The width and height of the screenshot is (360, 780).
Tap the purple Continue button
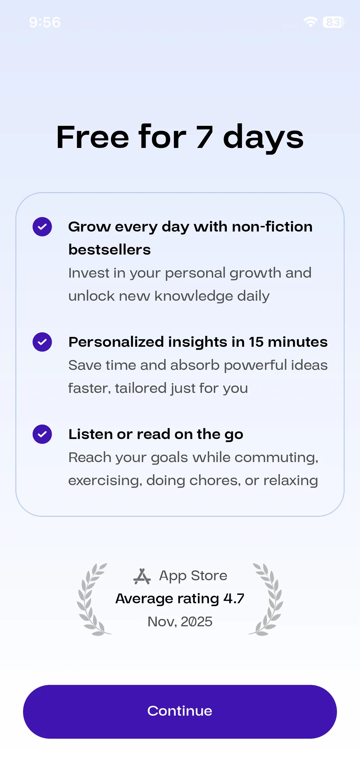[180, 711]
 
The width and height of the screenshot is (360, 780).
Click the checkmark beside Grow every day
[42, 227]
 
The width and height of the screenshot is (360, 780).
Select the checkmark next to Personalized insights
[42, 342]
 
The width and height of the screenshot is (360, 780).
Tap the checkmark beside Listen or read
[42, 434]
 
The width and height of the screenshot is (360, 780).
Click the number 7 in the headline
[205, 137]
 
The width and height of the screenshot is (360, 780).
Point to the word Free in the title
[92, 137]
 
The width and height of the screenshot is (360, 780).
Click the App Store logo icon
[142, 576]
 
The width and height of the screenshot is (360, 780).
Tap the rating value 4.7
[234, 598]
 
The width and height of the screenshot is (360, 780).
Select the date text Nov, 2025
[180, 622]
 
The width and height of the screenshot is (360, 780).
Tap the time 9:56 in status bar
[45, 22]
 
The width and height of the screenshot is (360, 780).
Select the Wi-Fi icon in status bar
[310, 22]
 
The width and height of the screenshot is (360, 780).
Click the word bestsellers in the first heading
[109, 250]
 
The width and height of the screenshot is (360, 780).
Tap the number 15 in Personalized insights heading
[256, 342]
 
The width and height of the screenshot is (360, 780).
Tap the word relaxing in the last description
[291, 481]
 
